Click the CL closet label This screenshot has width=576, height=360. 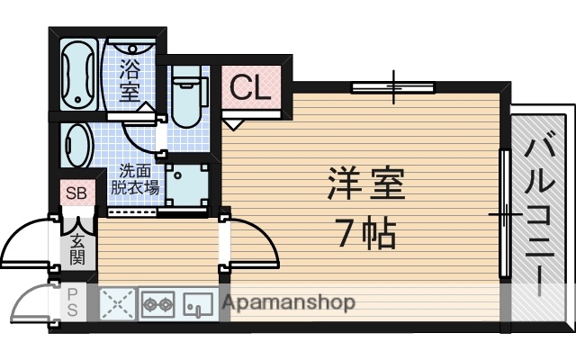(247, 86)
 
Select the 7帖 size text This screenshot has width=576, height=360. (366, 233)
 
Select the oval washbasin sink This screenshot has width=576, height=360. (77, 144)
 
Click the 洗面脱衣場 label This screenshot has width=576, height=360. (134, 179)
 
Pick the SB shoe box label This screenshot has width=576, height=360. (75, 191)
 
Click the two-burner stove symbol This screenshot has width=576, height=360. (157, 304)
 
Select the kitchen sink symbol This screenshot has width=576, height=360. (197, 304)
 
